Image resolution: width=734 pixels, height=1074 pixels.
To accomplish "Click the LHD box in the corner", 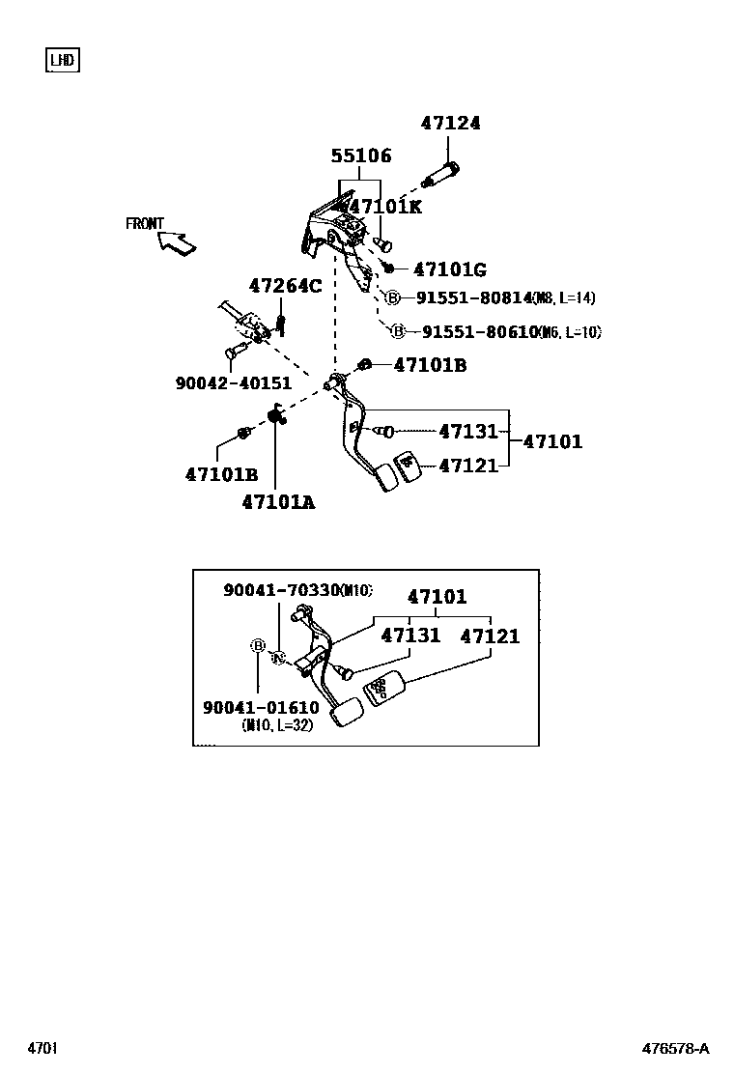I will click(x=63, y=61).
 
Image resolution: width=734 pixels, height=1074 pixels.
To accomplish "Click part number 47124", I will click(x=450, y=124).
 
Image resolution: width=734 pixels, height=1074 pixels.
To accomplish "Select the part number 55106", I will click(x=361, y=156).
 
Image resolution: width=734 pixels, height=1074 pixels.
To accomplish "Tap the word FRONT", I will click(x=145, y=224).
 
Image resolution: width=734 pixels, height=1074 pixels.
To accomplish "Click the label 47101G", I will click(x=449, y=269).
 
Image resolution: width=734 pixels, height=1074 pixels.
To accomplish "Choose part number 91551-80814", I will click(x=473, y=298).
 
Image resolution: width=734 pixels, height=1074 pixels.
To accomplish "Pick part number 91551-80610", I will click(x=479, y=331).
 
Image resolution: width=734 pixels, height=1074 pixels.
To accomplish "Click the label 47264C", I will click(x=285, y=286).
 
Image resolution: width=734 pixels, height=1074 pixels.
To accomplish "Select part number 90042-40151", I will click(x=234, y=383).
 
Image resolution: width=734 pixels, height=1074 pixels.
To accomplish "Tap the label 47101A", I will click(x=278, y=502).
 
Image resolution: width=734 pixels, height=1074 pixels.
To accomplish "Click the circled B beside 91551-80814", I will click(x=393, y=298).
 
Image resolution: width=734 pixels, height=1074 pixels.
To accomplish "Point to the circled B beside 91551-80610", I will click(x=398, y=331).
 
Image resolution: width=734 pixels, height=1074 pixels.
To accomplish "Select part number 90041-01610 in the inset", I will click(x=261, y=708).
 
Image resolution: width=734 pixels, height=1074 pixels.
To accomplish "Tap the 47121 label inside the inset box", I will click(x=490, y=636).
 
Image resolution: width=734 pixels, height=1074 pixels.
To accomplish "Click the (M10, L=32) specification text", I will click(x=277, y=726).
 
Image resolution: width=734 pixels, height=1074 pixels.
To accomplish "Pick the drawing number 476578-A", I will click(x=676, y=1049).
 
